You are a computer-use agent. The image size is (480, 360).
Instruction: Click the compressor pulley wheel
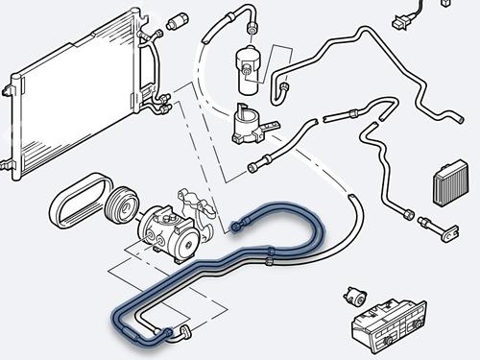point(123,207)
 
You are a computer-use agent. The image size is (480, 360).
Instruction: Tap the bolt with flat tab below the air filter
point(444,229)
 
